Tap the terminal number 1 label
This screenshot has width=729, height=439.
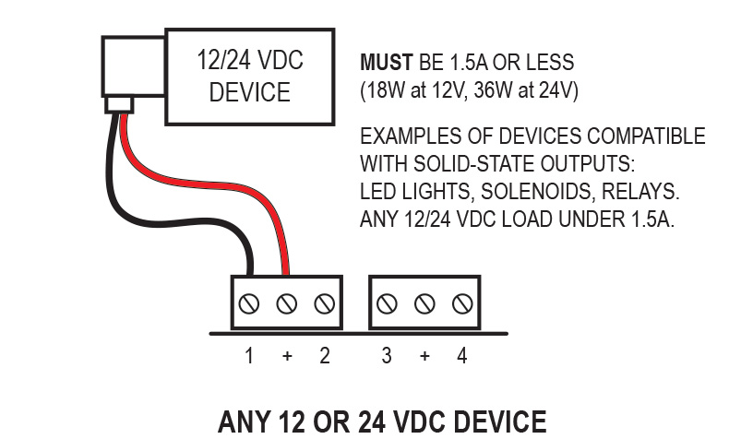[x=249, y=356]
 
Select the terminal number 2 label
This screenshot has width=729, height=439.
[x=325, y=356]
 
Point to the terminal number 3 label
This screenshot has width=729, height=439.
[x=387, y=356]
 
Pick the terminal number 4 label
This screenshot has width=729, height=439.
[x=462, y=356]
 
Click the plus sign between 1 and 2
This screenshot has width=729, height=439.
[x=287, y=357]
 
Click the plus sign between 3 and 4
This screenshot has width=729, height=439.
[x=424, y=357]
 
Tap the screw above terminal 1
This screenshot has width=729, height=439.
[x=249, y=303]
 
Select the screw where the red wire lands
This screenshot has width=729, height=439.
[x=286, y=303]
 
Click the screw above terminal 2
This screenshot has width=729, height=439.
[x=324, y=303]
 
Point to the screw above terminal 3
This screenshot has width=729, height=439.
[x=388, y=303]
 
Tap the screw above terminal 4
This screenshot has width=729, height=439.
[x=462, y=303]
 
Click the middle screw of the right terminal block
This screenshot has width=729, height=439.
[x=424, y=303]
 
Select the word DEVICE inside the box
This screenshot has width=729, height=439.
[x=250, y=93]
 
